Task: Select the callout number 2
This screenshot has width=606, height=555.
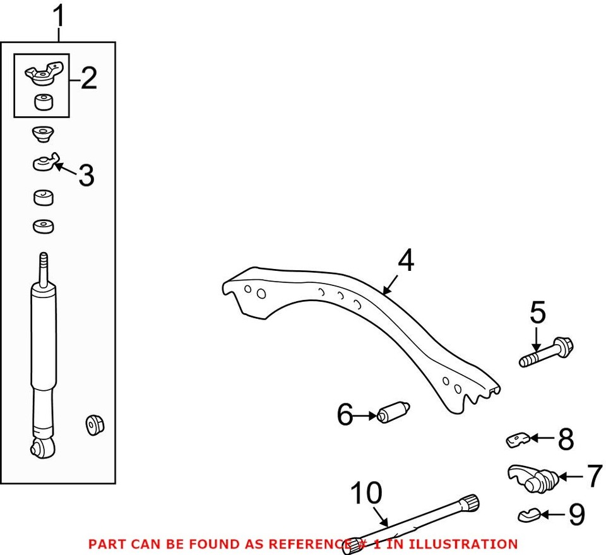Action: point(88,78)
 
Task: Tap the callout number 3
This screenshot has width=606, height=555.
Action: point(86,176)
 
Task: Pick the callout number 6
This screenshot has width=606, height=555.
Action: point(345,415)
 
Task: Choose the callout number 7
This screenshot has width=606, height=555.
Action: point(593,477)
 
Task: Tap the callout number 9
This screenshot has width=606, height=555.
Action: point(576,515)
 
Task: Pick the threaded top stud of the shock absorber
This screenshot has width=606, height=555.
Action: point(43,268)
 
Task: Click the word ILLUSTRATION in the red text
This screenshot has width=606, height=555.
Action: point(469,544)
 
